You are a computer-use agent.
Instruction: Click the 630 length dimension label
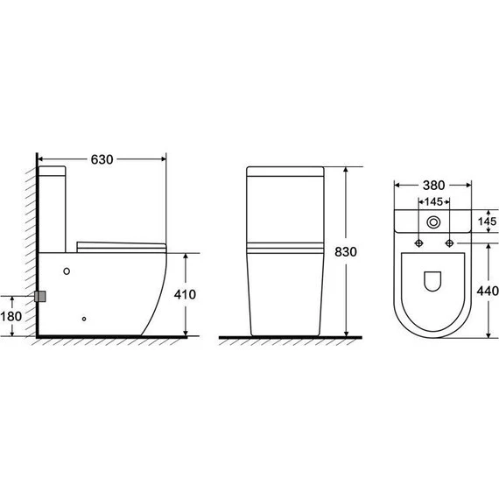click(x=102, y=159)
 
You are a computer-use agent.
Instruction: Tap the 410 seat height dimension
click(x=185, y=294)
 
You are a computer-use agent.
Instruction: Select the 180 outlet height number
click(x=11, y=316)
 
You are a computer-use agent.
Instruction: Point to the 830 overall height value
click(x=346, y=252)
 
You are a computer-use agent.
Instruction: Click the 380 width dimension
click(x=433, y=186)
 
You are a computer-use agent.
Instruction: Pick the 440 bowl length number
click(x=488, y=291)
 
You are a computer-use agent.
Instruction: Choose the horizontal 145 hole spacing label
click(x=433, y=201)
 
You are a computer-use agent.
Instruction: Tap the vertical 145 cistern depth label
click(x=488, y=221)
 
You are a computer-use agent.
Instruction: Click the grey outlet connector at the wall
click(x=40, y=296)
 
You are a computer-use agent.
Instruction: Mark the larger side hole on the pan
click(x=67, y=271)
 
